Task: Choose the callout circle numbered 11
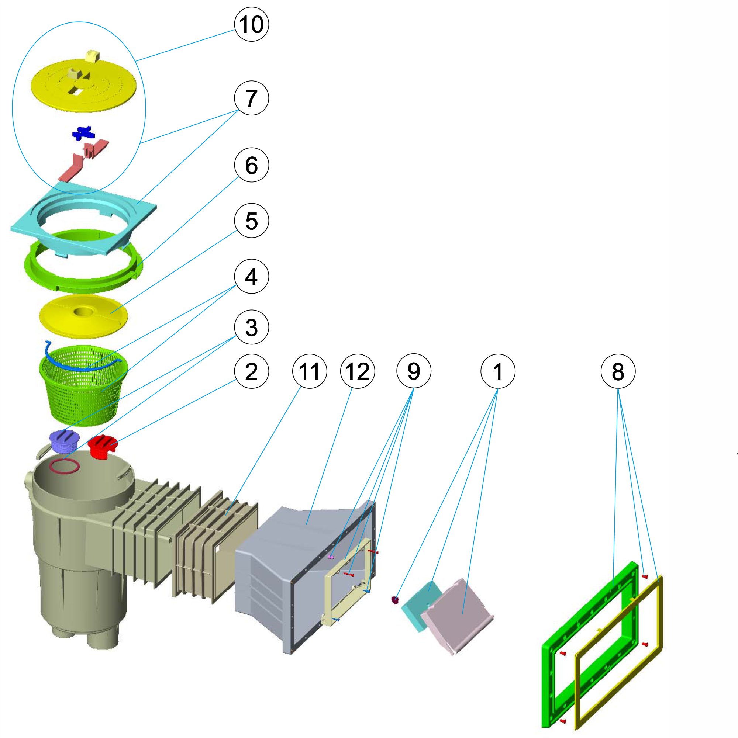click(x=309, y=371)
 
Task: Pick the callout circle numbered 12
click(x=357, y=371)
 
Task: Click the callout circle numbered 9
click(x=414, y=371)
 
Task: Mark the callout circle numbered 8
click(x=618, y=371)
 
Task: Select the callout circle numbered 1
click(x=498, y=371)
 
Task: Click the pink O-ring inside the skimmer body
click(x=65, y=467)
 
